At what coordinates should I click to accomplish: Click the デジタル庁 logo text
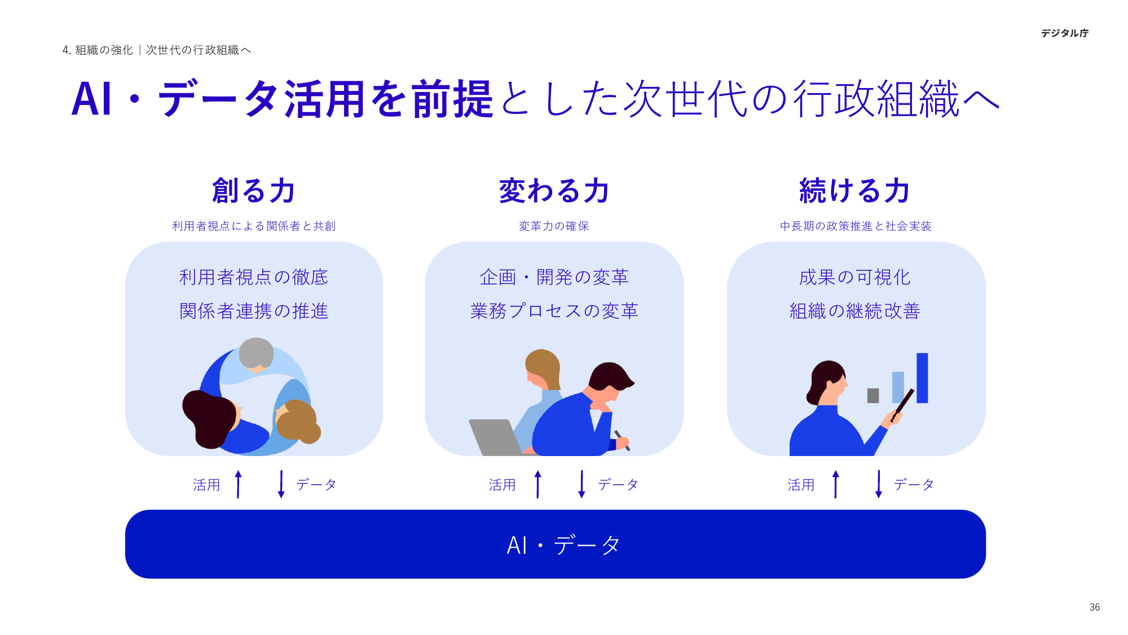point(1064,33)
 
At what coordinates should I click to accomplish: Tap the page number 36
point(1094,607)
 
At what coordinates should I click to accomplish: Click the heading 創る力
point(254,191)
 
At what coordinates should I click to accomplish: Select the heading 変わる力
point(554,191)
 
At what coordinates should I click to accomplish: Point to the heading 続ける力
point(854,191)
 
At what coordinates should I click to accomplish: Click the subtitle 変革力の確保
point(554,226)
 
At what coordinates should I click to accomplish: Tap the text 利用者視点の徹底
point(254,277)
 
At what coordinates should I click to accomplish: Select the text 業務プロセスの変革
point(554,311)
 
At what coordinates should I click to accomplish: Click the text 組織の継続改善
point(854,311)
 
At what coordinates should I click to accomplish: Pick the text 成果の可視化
point(854,277)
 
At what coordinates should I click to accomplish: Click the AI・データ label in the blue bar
point(563,545)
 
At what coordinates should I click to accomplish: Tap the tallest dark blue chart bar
point(922,378)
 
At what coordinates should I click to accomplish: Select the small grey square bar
point(873,395)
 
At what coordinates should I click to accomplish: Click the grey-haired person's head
point(256,353)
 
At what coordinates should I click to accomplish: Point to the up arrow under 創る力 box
point(239,484)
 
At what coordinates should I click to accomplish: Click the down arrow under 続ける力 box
point(878,484)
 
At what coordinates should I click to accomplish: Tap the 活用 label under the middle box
point(502,485)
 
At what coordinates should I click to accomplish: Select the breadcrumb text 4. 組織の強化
point(98,50)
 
